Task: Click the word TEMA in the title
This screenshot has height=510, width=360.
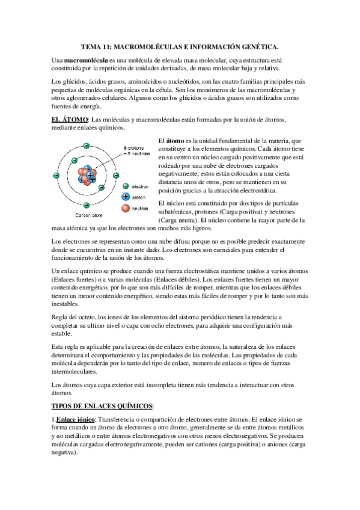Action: coord(91,46)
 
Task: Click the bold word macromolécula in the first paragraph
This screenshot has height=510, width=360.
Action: coord(87,61)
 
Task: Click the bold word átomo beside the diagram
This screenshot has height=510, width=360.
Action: coord(175,140)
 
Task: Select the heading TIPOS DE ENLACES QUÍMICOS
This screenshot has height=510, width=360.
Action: coord(103,406)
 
